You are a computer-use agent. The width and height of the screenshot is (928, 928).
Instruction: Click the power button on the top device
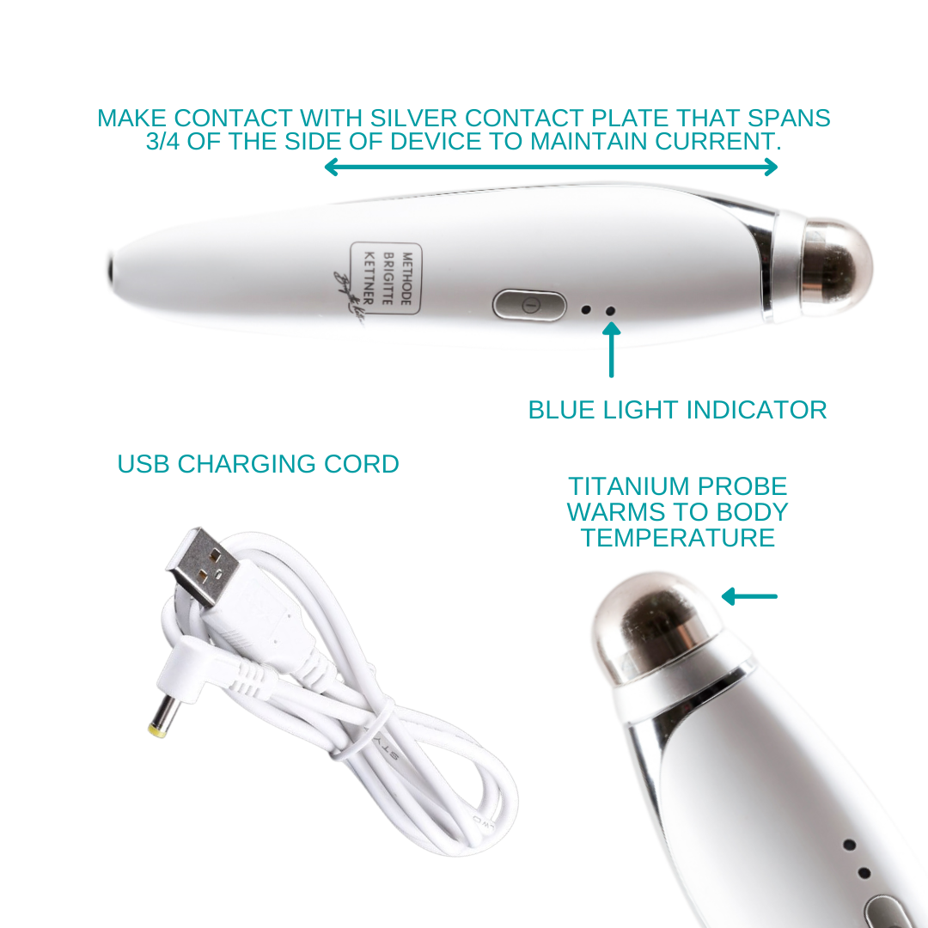(529, 305)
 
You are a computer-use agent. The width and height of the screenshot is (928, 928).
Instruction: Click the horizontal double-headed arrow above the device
(551, 168)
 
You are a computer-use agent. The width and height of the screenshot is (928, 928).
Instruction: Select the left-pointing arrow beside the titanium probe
(749, 596)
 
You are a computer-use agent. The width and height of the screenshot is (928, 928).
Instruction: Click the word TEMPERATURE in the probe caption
(678, 538)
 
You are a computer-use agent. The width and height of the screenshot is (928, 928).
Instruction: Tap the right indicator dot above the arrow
(611, 312)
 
